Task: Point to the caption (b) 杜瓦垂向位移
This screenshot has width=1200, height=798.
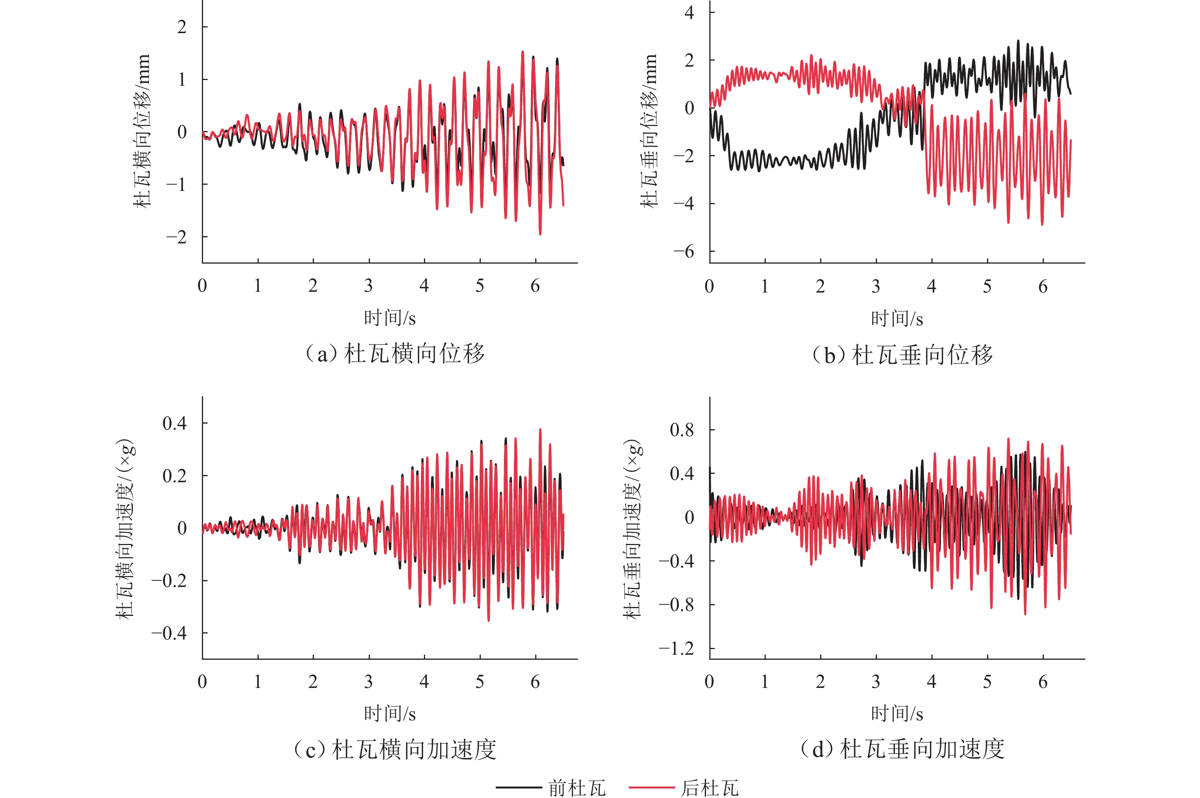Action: (x=902, y=355)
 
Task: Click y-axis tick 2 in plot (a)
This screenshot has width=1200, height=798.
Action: (x=182, y=27)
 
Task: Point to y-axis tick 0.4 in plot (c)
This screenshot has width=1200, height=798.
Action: (x=174, y=423)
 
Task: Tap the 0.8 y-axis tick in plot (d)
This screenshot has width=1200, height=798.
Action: (x=682, y=430)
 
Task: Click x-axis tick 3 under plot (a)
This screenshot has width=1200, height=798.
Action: (x=368, y=286)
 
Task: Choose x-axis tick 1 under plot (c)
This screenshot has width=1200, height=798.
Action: (x=258, y=681)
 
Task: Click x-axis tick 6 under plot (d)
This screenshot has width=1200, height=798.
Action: (x=1043, y=681)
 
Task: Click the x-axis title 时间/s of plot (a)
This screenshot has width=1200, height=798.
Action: (x=390, y=318)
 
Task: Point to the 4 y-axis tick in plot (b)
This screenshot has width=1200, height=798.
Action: (x=689, y=12)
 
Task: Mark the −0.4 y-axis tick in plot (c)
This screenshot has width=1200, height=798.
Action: (x=169, y=633)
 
